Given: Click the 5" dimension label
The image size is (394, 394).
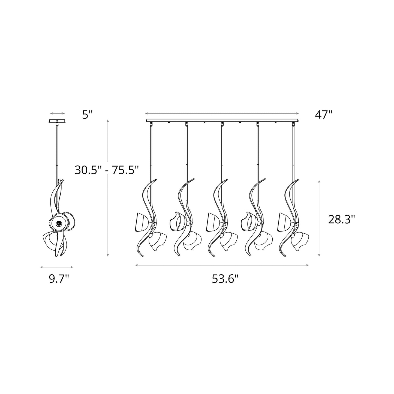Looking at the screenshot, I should coord(88,115).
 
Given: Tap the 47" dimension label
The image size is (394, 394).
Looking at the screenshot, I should coord(323,115).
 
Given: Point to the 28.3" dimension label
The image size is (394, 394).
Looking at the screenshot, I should coord(342,219).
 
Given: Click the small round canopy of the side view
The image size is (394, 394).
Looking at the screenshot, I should coord(57,121).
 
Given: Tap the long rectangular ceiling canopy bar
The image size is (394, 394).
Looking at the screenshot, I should coord(222,120).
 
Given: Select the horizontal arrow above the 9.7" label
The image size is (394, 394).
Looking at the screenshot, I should coord(57,267).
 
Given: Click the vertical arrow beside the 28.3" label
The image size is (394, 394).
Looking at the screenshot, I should coord(319,218).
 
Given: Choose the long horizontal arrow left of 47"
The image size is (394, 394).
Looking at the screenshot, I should coord(222,113).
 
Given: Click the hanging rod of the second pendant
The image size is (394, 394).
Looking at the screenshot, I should coord(186,153).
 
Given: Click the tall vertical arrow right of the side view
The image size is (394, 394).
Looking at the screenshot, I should coord(108,188).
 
